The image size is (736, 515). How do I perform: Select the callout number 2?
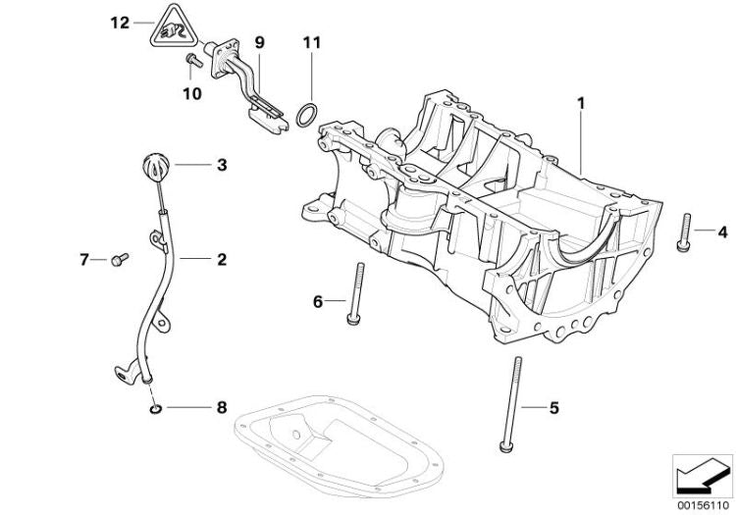coord(221,260)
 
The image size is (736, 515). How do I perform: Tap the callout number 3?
coord(221,166)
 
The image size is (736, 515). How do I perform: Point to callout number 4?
coord(722,232)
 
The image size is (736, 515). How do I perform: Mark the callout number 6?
coord(317,302)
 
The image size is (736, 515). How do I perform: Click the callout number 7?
coord(85,260)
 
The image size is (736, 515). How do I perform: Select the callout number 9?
coord(259,42)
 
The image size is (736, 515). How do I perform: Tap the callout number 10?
coord(190,93)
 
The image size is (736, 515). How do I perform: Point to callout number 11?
coord(312,42)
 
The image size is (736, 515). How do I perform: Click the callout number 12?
coord(119,22)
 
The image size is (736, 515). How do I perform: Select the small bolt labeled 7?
coord(119,259)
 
